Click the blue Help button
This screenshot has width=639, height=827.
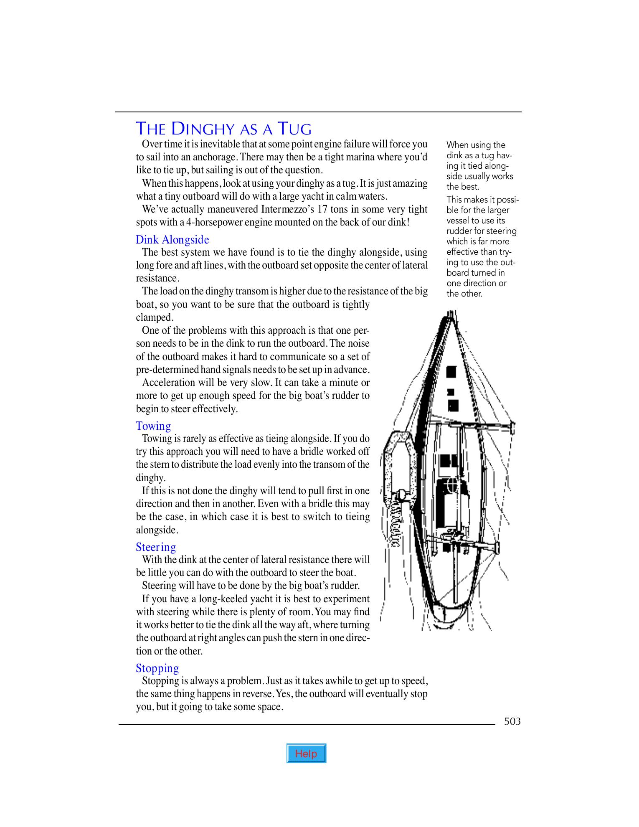(x=306, y=753)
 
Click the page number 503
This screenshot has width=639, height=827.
(x=512, y=721)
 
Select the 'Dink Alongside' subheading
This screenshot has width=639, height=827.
(x=172, y=240)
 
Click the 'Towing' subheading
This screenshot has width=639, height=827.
(x=153, y=426)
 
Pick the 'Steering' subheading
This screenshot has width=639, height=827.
(x=156, y=547)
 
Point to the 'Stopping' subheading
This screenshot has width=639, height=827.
(x=157, y=668)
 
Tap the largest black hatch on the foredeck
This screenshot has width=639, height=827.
(x=451, y=372)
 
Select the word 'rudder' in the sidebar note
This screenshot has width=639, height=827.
(x=459, y=231)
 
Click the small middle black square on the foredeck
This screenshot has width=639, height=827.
(x=451, y=392)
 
